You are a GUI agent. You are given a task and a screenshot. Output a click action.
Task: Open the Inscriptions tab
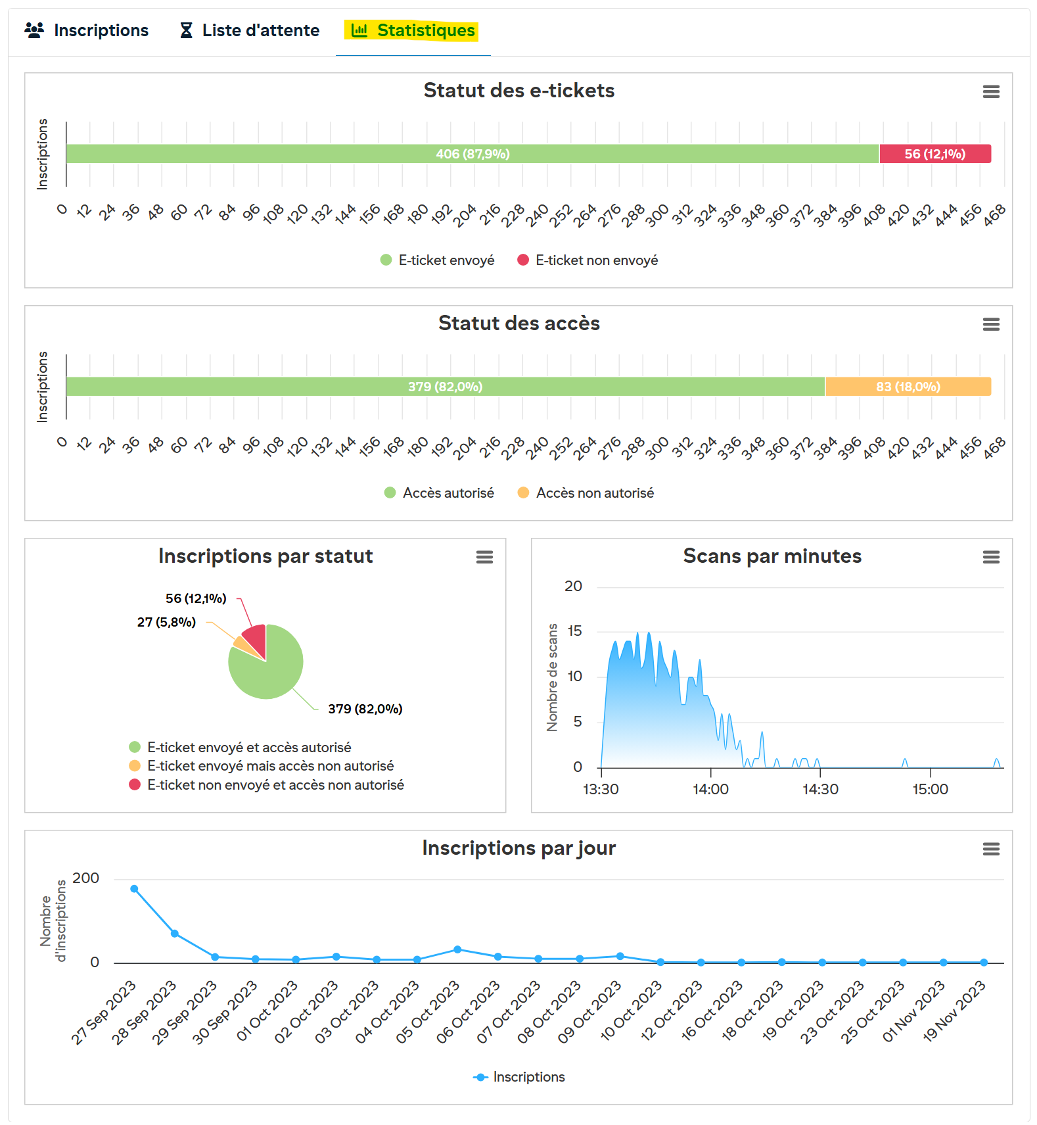coord(87,31)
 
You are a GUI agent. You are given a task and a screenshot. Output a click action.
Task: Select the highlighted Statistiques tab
coord(413,31)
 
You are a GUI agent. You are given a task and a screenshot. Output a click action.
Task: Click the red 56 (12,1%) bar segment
coord(934,154)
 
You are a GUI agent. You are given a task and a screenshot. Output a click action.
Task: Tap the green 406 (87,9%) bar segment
coord(472,154)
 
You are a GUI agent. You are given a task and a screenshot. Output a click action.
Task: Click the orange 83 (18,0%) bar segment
coord(908,387)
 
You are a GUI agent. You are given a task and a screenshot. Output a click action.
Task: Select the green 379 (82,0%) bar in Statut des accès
coord(445,387)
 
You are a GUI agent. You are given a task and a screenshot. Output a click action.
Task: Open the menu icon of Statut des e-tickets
coord(991,92)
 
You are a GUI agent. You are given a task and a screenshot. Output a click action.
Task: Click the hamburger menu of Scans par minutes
coord(991,558)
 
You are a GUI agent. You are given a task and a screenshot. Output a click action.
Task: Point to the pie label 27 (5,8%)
coord(166,622)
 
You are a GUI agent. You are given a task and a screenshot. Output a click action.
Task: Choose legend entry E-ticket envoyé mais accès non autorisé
coord(270,766)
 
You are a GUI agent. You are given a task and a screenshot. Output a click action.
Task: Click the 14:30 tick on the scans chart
coord(820,789)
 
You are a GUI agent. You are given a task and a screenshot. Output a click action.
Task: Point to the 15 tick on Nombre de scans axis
coord(574,631)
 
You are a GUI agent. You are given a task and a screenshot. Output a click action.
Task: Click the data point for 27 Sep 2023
coord(134,889)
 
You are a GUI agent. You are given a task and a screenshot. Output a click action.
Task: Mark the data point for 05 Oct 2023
coord(457,949)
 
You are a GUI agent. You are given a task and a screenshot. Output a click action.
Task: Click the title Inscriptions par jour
coord(518,848)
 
